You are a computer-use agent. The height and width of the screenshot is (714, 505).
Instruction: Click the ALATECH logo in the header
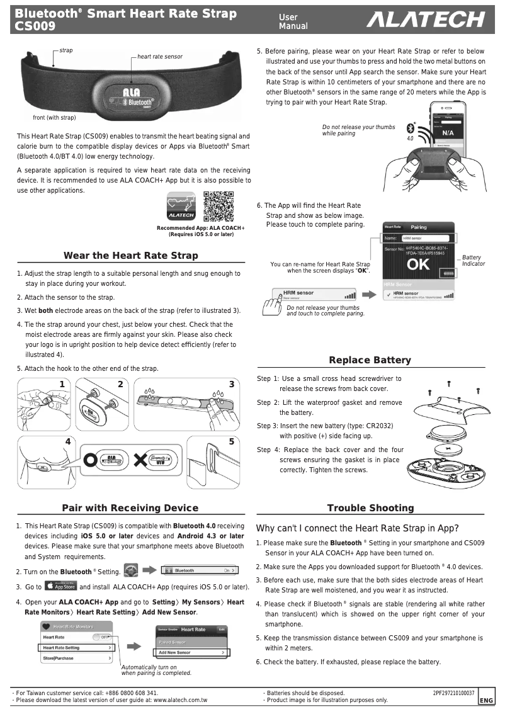426,21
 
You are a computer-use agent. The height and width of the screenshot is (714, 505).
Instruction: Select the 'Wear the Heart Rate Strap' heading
130,256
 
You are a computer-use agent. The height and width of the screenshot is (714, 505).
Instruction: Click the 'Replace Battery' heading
370,360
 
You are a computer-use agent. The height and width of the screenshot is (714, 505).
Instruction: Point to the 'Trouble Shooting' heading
370,508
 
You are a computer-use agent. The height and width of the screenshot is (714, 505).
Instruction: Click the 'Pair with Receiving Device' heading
130,508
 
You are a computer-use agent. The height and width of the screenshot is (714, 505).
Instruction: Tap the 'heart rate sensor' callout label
160,57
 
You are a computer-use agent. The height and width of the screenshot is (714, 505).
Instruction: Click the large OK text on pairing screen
418,264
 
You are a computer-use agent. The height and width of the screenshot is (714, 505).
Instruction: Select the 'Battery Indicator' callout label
472,261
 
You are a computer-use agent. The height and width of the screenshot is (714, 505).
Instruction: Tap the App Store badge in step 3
61,587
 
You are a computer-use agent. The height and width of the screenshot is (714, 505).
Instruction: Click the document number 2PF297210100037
453,693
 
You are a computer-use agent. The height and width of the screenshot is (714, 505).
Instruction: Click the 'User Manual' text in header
293,21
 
